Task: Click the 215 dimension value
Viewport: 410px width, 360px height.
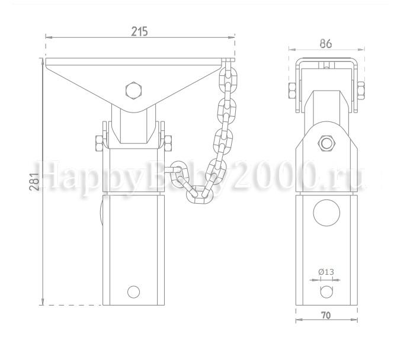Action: pos(139,31)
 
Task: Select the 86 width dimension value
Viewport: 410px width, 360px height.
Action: pos(326,44)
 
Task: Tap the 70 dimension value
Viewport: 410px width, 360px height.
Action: pos(326,316)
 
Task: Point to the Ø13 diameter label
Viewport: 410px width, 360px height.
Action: pos(326,272)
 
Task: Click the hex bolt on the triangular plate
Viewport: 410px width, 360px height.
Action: pos(134,91)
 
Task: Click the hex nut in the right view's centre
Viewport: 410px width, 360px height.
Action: pos(326,143)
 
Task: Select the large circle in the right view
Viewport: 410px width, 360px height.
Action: pos(326,213)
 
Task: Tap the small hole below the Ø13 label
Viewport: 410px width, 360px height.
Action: pos(326,292)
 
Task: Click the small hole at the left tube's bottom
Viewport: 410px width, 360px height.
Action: pos(134,292)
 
